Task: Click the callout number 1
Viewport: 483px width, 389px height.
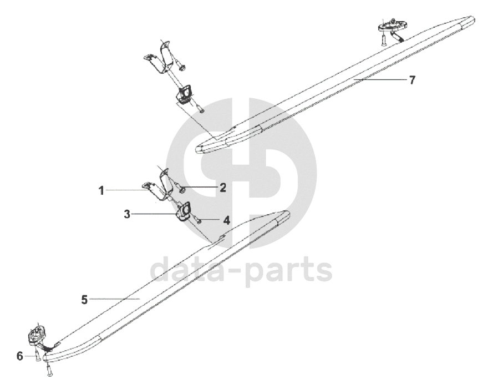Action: click(x=101, y=191)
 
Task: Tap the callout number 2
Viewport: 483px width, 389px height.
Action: click(x=222, y=188)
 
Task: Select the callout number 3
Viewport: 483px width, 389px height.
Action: click(x=128, y=214)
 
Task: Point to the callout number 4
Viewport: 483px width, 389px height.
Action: click(x=226, y=220)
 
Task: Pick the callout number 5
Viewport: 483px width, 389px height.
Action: click(x=84, y=300)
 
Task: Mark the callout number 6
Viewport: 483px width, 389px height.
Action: click(x=20, y=356)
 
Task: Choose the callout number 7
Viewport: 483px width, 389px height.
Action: click(x=411, y=80)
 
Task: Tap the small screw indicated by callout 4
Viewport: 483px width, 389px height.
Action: click(x=199, y=220)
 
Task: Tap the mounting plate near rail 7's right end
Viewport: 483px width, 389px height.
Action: click(x=393, y=24)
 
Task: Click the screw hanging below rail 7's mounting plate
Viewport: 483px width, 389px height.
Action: click(x=383, y=39)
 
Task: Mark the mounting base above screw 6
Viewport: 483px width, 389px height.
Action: click(x=38, y=335)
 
